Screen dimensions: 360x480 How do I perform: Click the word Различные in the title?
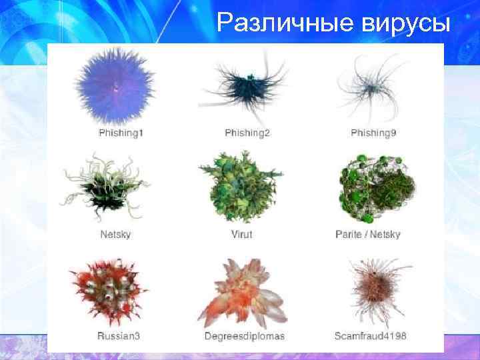[x=286, y=25]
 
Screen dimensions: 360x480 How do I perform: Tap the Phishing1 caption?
[x=121, y=133]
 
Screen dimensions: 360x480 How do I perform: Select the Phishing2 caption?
[x=247, y=133]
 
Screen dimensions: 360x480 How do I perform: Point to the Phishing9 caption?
[x=373, y=133]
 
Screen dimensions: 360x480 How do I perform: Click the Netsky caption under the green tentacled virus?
[x=115, y=235]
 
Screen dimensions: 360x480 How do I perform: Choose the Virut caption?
[x=241, y=235]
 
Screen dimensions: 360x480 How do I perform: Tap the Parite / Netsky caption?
[x=368, y=235]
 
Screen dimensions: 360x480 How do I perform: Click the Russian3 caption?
[x=119, y=335]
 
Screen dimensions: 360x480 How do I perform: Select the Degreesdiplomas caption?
[x=244, y=335]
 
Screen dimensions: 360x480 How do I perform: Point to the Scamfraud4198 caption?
[x=371, y=335]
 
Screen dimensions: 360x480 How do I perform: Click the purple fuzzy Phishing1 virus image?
[x=117, y=85]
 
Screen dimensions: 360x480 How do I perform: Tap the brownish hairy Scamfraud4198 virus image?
[x=372, y=289]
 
